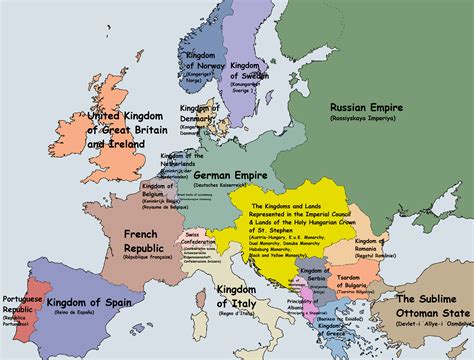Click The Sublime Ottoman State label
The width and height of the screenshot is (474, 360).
(x=431, y=304)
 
